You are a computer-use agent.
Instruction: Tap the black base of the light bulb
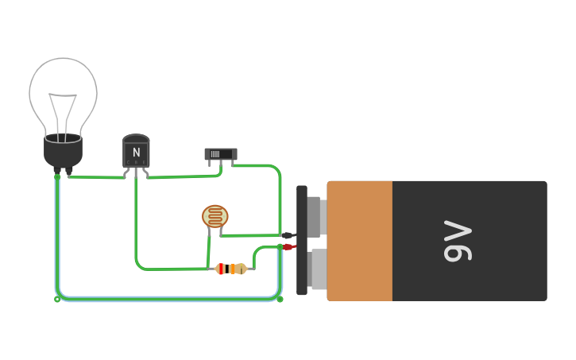pyautogui.click(x=63, y=151)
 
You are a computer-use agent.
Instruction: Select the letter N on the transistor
pyautogui.click(x=136, y=152)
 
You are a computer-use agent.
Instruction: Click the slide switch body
pyautogui.click(x=220, y=153)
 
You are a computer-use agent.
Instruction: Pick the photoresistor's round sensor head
pyautogui.click(x=215, y=215)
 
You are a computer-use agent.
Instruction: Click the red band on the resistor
pyautogui.click(x=221, y=269)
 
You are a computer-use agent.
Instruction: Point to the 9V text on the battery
pyautogui.click(x=458, y=242)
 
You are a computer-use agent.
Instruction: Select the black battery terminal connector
pyautogui.click(x=287, y=235)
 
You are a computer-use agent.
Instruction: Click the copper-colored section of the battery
pyautogui.click(x=359, y=241)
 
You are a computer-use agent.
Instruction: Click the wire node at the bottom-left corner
pyautogui.click(x=57, y=299)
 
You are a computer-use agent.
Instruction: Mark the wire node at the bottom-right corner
pyautogui.click(x=280, y=299)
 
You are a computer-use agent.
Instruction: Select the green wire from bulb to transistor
pyautogui.click(x=95, y=177)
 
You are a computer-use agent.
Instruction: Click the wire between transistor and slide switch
pyautogui.click(x=179, y=176)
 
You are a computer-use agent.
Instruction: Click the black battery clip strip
pyautogui.click(x=302, y=241)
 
